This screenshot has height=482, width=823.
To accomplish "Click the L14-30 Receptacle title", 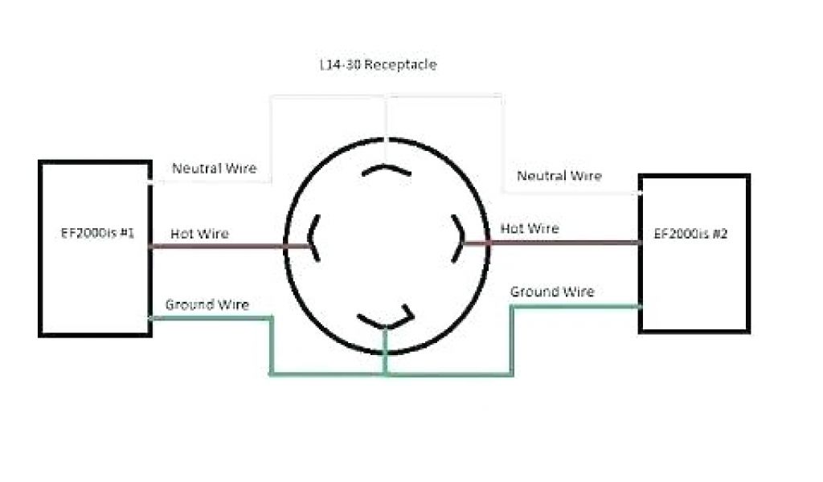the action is coord(378,65).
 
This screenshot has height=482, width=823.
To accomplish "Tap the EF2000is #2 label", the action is coord(691,235).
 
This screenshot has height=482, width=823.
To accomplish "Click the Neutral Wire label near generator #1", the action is coord(215,168).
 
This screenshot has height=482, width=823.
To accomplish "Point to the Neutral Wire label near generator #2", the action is coord(559,175).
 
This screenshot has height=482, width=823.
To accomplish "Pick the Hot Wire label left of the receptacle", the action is coord(199,234).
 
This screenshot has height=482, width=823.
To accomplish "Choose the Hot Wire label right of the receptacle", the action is coord(530,228).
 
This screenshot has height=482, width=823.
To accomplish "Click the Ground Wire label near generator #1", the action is coord(207,304).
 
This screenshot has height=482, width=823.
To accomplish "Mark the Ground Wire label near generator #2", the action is coord(552,292).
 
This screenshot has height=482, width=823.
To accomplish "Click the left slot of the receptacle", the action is coord(313,239).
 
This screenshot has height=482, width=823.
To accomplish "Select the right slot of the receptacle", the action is coord(458,237).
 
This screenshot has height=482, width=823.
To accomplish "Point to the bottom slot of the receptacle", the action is coord(386,319).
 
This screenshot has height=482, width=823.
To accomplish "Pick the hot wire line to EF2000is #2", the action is coord(563,242).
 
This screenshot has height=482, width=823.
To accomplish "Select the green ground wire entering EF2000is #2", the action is coord(579,306).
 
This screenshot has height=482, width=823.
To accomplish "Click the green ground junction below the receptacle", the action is coord(385,374).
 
